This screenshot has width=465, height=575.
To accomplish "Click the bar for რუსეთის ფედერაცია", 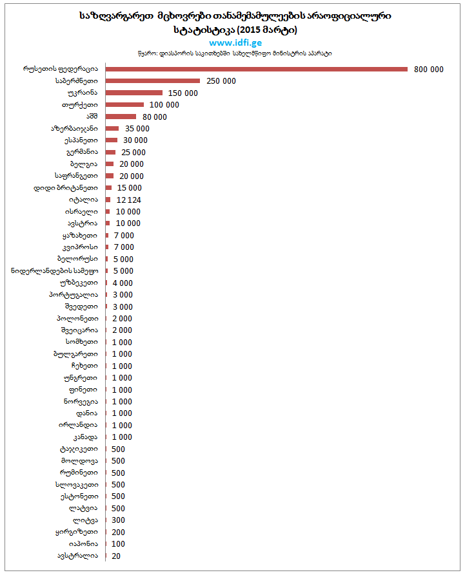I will pos(256,69).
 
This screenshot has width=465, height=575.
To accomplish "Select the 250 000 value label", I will pos(221,81).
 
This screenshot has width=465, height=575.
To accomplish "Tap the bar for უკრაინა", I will pos(134,93).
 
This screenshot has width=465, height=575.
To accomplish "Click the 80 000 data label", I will pos(154,117).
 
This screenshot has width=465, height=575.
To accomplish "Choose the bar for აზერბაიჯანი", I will pos(112,129).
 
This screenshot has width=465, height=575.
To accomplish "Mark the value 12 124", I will pos(128,200).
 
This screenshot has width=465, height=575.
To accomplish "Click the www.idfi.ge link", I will pos(232,42).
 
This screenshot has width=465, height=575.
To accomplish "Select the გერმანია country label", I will pos(82,153).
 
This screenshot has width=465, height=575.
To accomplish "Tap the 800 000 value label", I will pos(428,70).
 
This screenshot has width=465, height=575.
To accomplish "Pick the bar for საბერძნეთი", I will pos(152,81).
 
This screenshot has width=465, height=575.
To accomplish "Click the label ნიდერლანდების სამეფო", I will pos(55,271).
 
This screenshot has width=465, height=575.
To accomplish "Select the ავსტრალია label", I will pos(78,556).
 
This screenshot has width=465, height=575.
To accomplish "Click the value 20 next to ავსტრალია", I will pos(116,556).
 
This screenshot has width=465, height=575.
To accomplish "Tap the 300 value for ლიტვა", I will pos(118,520).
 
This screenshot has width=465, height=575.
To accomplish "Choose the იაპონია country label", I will pos(83,544).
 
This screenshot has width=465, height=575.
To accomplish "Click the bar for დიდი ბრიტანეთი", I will pos(108,188).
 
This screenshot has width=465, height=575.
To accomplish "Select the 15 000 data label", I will pos(129,188).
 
